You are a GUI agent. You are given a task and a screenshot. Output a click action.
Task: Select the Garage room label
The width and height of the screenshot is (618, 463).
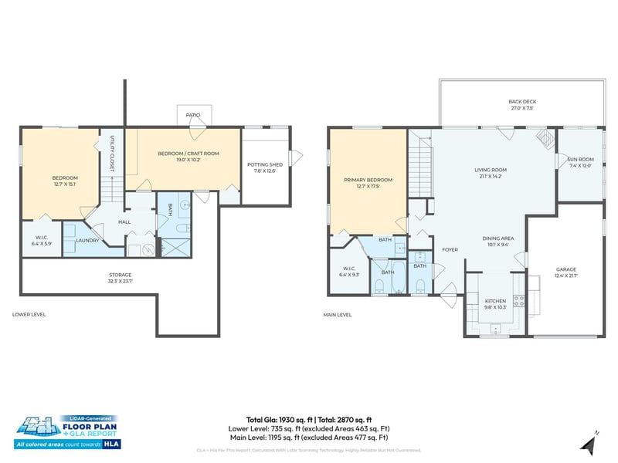pos(565,271)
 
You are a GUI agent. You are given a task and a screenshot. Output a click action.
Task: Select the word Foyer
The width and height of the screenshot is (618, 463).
pos(450,249)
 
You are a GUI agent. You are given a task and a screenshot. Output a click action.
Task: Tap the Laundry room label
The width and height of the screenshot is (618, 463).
pos(87,240)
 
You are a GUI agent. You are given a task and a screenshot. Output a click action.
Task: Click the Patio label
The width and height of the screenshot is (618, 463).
pos(192,115)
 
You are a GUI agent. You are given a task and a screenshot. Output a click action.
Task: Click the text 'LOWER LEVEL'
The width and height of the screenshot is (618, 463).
pos(30,315)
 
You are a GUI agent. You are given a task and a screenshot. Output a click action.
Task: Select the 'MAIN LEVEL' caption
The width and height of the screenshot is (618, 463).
pos(338,315)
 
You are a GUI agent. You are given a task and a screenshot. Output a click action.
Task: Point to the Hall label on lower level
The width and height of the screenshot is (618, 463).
pos(124,221)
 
